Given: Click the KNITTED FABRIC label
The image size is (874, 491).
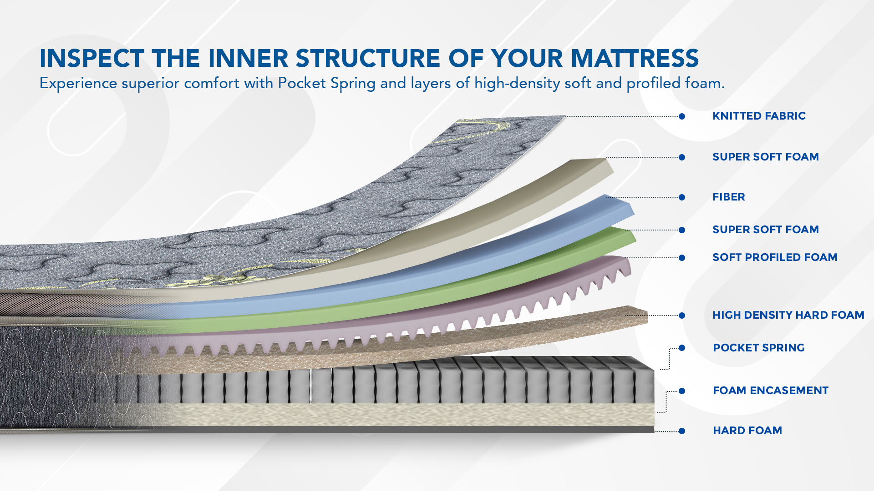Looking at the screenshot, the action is [759, 116].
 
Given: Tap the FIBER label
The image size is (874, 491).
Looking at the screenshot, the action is [728, 197].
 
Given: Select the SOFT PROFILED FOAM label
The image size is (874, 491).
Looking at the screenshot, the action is [775, 257].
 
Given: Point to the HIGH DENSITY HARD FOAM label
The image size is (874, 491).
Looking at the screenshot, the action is [788, 315].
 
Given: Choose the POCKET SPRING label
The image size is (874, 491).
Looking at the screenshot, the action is [759, 348].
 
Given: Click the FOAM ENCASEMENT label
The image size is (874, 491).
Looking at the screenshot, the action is [771, 391].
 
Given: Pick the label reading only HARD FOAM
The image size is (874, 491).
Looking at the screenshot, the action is [747, 431].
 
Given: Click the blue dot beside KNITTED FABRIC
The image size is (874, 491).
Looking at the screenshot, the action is [682, 116].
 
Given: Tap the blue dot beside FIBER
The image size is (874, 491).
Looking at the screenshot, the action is [682, 197].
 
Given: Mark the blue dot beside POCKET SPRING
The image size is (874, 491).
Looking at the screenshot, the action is [682, 348].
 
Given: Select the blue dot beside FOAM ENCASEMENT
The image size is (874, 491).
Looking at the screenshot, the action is [682, 391].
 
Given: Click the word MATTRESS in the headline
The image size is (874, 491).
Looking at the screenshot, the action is [635, 58].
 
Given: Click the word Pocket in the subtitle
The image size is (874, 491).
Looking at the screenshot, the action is [302, 83].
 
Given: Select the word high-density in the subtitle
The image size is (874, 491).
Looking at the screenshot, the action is [517, 84].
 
